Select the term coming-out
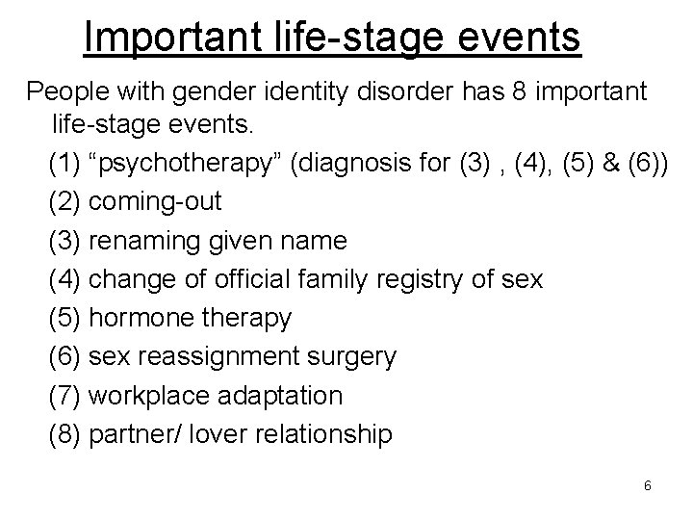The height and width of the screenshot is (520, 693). tap(155, 202)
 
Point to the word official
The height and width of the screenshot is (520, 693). tap(296, 280)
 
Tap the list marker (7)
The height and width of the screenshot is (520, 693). tap(64, 396)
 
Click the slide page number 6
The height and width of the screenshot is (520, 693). tap(648, 487)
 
